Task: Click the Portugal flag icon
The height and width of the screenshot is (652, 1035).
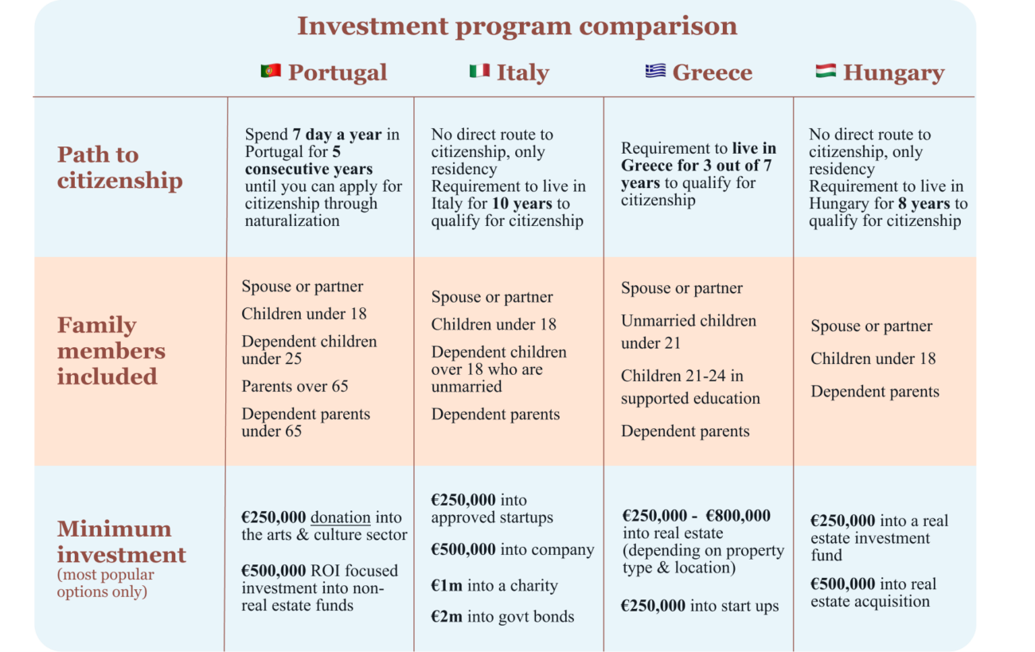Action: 271,72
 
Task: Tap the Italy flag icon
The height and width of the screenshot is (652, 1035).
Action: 479,72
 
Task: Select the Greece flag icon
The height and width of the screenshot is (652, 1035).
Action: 655,72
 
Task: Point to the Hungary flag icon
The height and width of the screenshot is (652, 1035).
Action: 826,72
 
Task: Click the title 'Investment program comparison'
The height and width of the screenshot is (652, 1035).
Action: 517,25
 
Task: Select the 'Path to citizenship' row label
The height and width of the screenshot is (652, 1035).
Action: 119,167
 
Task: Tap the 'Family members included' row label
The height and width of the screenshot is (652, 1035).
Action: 111,350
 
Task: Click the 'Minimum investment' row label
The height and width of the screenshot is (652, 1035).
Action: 121,541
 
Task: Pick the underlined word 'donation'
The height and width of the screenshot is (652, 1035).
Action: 340,517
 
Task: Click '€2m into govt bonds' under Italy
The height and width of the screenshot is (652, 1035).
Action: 502,617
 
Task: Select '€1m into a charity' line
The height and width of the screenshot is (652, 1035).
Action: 494,585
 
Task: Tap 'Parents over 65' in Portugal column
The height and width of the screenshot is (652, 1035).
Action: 295,386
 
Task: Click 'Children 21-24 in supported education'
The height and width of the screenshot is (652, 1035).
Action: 690,387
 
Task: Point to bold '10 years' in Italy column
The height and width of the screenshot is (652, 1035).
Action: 522,203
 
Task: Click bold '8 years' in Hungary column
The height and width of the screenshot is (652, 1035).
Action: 924,203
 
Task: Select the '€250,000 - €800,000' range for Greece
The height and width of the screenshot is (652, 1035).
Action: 696,516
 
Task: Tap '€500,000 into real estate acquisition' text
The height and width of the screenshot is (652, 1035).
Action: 873,592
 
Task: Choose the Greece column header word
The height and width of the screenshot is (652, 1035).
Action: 712,72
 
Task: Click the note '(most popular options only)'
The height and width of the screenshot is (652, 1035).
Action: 105,583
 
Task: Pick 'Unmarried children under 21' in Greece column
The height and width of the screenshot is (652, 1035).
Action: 689,332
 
